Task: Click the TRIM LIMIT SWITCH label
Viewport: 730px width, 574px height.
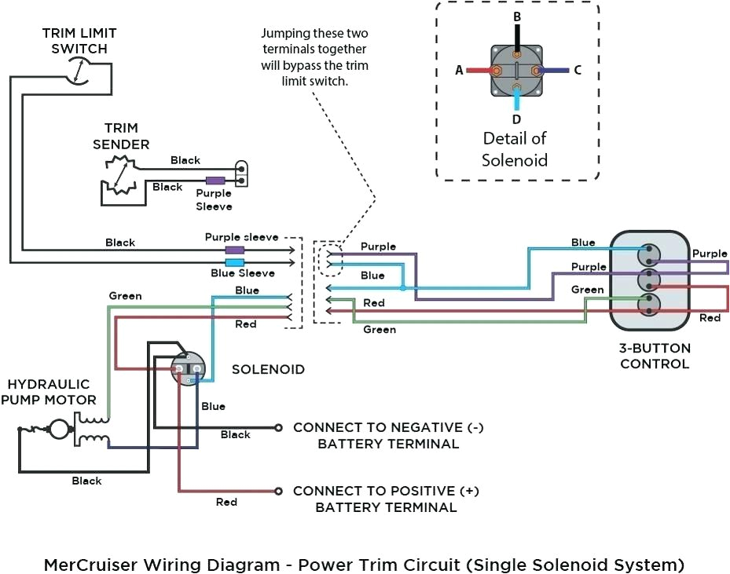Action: [x=79, y=41]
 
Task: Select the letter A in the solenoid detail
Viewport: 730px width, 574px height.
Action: [x=459, y=70]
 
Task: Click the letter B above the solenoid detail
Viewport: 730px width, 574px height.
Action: [x=516, y=16]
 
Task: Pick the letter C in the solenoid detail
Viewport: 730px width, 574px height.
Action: [x=577, y=70]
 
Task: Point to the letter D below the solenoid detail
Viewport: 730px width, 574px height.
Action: [x=516, y=119]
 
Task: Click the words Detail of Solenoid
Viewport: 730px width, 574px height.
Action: [x=515, y=149]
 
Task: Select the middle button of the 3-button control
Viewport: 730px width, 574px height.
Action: [x=650, y=279]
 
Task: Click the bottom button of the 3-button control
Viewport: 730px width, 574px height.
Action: [x=650, y=302]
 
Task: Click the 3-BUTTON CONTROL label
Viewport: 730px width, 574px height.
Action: [x=655, y=356]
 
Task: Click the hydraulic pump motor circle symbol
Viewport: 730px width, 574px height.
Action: [x=57, y=430]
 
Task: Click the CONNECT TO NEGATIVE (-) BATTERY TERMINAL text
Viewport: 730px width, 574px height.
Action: [x=387, y=435]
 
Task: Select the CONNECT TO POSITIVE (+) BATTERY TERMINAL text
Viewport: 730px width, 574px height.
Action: [x=386, y=499]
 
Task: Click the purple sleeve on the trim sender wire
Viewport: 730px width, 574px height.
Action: [x=215, y=180]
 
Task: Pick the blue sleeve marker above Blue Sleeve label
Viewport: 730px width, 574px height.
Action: [x=234, y=261]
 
